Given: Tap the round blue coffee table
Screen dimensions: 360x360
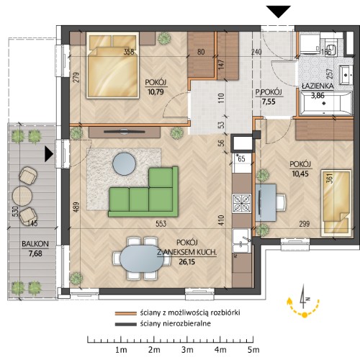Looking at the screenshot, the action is pyautogui.click(x=125, y=163).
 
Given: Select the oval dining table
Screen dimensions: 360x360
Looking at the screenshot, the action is pyautogui.click(x=142, y=258).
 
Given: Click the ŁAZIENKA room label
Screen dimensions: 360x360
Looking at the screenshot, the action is pyautogui.click(x=318, y=86).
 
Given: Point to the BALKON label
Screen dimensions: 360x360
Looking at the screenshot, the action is pyautogui.click(x=35, y=244).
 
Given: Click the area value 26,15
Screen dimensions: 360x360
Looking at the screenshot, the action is pyautogui.click(x=186, y=262).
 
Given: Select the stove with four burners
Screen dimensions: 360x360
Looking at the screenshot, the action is pyautogui.click(x=242, y=203).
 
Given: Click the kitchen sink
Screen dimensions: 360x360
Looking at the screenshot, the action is pyautogui.click(x=241, y=240).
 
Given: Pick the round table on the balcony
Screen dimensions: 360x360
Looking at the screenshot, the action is pyautogui.click(x=22, y=196).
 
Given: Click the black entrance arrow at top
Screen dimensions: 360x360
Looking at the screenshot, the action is pyautogui.click(x=279, y=12).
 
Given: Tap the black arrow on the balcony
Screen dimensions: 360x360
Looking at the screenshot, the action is pyautogui.click(x=49, y=154).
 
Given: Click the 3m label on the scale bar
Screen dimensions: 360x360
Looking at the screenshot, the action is pyautogui.click(x=187, y=350).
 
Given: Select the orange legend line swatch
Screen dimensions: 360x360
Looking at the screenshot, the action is pyautogui.click(x=125, y=313).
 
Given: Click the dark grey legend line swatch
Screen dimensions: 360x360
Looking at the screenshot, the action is pyautogui.click(x=125, y=324).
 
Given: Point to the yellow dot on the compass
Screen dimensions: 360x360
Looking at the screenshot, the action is pyautogui.click(x=305, y=315).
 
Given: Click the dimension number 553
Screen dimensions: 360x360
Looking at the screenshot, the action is pyautogui.click(x=161, y=224).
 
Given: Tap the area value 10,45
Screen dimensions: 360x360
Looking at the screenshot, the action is pyautogui.click(x=300, y=174).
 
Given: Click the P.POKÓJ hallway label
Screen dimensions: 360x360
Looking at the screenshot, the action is pyautogui.click(x=269, y=92).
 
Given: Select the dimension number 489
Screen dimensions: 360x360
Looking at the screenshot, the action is pyautogui.click(x=76, y=207).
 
